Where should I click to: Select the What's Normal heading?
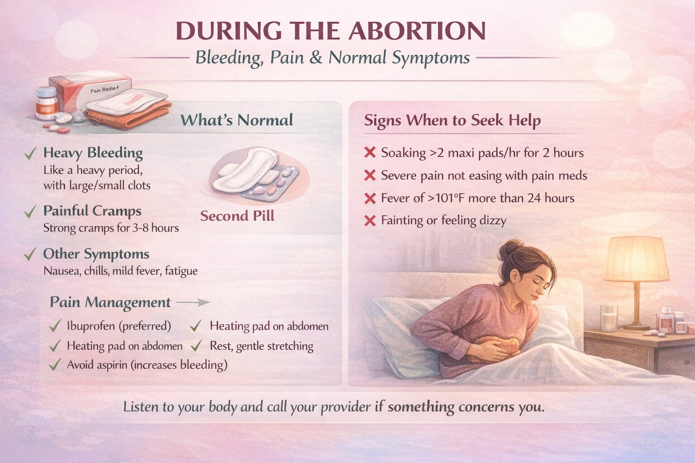(237, 120)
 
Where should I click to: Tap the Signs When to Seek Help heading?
(452, 120)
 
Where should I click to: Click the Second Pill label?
(237, 216)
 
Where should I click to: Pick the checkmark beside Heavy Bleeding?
(30, 154)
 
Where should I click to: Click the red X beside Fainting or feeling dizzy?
(370, 221)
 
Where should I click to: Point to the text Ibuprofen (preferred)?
(119, 326)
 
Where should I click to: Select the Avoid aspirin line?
(147, 364)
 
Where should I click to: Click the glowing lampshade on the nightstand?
(636, 259)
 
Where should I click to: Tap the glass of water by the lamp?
(608, 317)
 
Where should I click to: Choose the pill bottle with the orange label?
(47, 104)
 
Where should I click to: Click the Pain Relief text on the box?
(105, 90)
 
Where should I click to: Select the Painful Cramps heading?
(92, 211)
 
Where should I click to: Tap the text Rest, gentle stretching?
(261, 346)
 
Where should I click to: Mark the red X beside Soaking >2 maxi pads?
(370, 153)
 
